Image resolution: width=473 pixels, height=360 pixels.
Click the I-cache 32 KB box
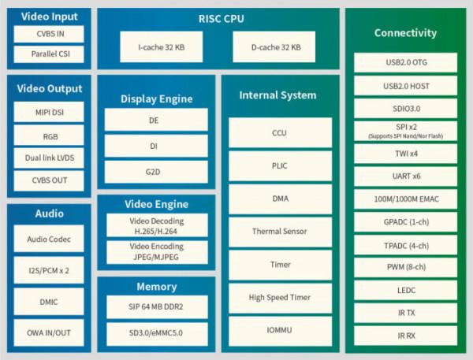click(164, 47)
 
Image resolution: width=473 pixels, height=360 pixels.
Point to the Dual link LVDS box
click(50, 158)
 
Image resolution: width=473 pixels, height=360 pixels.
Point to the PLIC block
click(279, 166)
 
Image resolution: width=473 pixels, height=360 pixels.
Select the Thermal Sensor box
click(279, 232)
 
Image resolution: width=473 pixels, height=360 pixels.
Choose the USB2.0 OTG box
click(405, 63)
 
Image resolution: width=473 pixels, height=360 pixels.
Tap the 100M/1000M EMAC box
click(405, 199)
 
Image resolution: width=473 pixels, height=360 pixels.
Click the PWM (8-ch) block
click(405, 267)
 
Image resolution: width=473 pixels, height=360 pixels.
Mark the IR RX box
click(405, 336)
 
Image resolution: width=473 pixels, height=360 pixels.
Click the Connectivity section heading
click(405, 33)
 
